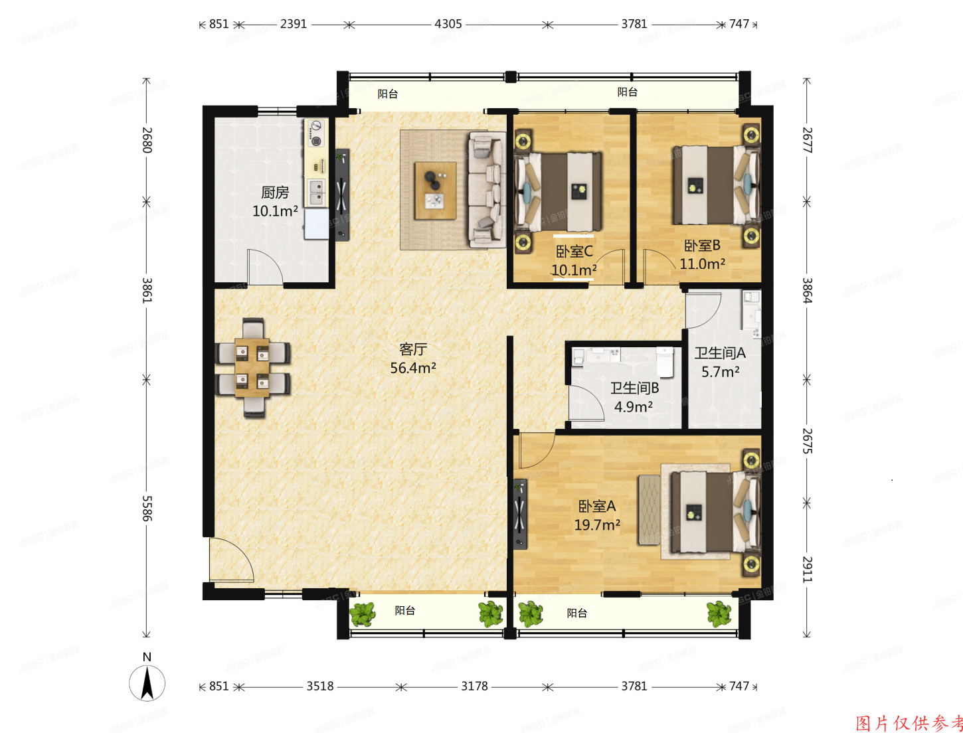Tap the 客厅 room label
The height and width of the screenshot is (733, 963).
pos(413,349)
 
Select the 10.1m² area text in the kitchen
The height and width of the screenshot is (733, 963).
pos(275,211)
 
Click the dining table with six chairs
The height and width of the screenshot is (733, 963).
pos(252,367)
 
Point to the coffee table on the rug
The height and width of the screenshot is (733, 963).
pos(435,191)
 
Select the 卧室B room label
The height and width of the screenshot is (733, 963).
pos(702,246)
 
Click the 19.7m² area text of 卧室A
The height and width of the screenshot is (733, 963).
pos(597,525)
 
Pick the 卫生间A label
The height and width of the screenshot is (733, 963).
pos(720,353)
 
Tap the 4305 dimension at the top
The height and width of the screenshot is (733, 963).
pos(448,24)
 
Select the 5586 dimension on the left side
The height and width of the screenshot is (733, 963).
pos(147,508)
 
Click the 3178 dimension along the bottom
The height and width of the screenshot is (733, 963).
pos(474,686)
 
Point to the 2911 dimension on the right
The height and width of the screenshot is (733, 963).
pos(807,569)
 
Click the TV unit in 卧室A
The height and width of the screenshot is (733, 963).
pos(519,513)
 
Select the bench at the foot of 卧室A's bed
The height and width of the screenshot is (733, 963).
pos(649,510)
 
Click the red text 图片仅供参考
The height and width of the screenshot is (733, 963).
pos(909,723)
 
